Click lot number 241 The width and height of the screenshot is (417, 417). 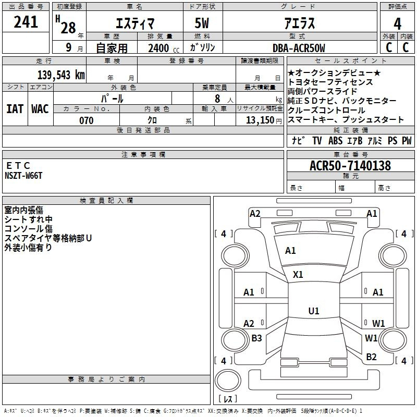click(x=26, y=22)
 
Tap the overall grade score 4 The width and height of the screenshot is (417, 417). click(x=397, y=24)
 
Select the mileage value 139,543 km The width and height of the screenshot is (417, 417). click(x=61, y=75)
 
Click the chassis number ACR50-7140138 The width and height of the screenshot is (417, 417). click(x=350, y=165)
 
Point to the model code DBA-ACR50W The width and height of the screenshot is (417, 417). click(x=299, y=48)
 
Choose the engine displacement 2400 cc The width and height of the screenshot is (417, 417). click(x=164, y=48)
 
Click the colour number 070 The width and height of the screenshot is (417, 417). click(x=87, y=120)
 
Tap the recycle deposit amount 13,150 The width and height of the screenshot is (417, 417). click(x=260, y=120)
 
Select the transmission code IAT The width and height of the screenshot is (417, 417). click(x=15, y=109)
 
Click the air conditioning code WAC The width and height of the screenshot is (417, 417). click(x=40, y=109)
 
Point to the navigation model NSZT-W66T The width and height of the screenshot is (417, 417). click(x=23, y=176)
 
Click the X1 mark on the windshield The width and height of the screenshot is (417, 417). click(x=298, y=275)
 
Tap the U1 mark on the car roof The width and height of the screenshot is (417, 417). click(x=314, y=311)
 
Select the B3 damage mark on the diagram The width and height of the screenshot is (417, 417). click(x=256, y=338)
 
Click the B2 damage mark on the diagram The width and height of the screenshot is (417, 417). click(x=371, y=357)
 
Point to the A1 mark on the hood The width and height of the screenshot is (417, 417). click(x=290, y=251)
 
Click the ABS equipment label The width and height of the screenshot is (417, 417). click(x=335, y=140)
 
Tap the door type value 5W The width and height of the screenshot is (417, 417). click(x=202, y=23)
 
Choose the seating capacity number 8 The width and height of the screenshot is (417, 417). click(x=217, y=99)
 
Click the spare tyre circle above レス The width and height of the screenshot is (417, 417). click(x=228, y=380)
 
